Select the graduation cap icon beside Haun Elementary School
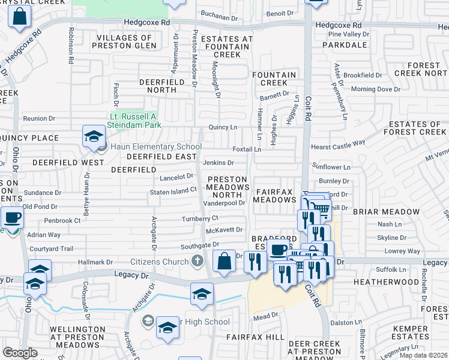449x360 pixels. tap(94, 137)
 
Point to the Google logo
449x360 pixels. tap(20, 353)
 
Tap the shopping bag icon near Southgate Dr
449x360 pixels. tap(224, 261)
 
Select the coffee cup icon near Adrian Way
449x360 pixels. tap(12, 217)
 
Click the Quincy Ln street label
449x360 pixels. tap(223, 127)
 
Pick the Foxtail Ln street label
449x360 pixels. tap(247, 149)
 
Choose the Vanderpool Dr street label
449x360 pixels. tap(224, 203)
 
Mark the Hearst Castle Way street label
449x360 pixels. tap(338, 143)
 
